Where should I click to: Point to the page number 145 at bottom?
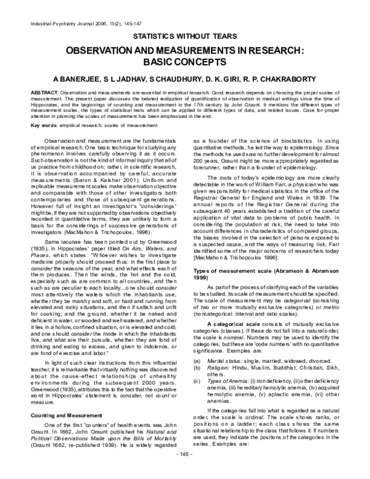point(185,472)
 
